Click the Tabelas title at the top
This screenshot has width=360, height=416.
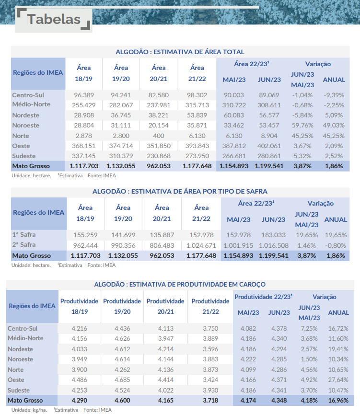(x=53, y=19)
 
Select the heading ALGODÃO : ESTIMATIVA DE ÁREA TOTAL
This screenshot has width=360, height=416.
(x=180, y=52)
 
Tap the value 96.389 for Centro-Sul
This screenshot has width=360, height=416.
(x=83, y=95)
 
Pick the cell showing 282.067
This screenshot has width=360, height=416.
(x=121, y=104)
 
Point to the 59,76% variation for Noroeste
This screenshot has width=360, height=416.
(x=302, y=126)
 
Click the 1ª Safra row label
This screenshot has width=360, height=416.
(x=24, y=235)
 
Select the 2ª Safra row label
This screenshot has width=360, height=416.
(x=24, y=245)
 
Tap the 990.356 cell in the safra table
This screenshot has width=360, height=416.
(x=123, y=245)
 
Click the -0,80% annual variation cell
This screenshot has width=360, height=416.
(x=336, y=245)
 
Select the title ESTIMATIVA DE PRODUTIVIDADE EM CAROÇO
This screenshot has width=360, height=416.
(x=180, y=284)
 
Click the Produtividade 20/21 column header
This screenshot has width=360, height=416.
(x=165, y=306)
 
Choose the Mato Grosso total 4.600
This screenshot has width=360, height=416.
(x=122, y=400)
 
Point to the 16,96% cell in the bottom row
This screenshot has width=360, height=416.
(x=338, y=400)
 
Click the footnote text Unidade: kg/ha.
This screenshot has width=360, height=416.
(x=29, y=410)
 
